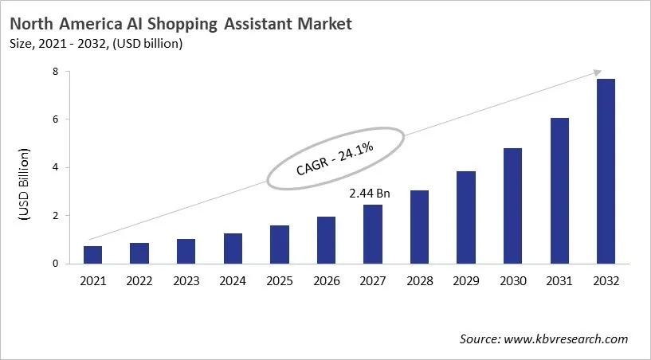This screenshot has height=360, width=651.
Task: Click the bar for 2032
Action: tap(606, 171)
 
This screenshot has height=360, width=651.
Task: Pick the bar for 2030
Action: tap(512, 205)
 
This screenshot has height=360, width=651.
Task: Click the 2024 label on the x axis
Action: tap(233, 280)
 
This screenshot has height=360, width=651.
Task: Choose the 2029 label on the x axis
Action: tap(466, 280)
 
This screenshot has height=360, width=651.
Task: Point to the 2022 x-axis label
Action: tap(139, 280)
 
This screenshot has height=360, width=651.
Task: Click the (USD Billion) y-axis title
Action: tap(24, 185)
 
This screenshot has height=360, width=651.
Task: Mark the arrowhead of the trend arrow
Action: tap(598, 72)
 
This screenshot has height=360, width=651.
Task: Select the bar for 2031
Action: tap(559, 190)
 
